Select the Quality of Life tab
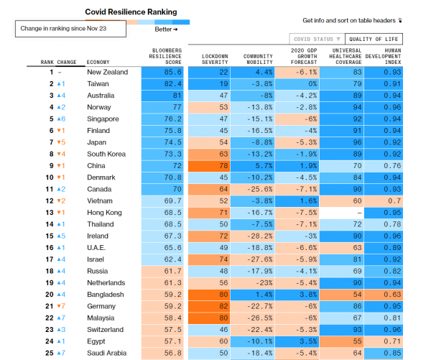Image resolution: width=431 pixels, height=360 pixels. click(374, 39)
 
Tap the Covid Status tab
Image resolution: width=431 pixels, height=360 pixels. click(316, 39)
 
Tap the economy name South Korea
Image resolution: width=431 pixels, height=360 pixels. click(107, 154)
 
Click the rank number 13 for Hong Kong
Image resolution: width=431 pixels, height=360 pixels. click(50, 212)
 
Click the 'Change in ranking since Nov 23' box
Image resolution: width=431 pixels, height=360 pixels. click(70, 29)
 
